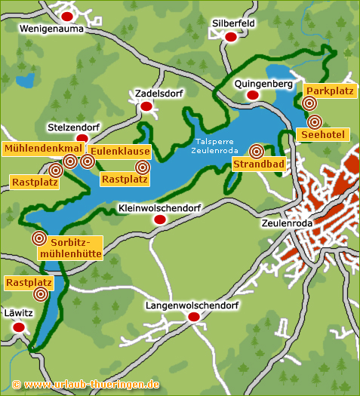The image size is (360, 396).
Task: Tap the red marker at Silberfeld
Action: click(x=232, y=39)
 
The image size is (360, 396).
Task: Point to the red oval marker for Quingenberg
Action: click(x=253, y=96)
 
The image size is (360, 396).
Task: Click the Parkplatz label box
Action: click(x=329, y=91)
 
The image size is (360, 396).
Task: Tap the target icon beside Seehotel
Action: click(x=315, y=121)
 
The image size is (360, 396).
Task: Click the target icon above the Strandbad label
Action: click(x=257, y=150)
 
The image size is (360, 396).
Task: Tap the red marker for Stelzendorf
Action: click(x=82, y=139)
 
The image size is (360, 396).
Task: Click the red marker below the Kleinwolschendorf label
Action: click(x=159, y=219)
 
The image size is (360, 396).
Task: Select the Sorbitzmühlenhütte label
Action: click(x=75, y=248)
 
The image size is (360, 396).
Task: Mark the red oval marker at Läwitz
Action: click(x=19, y=327)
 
